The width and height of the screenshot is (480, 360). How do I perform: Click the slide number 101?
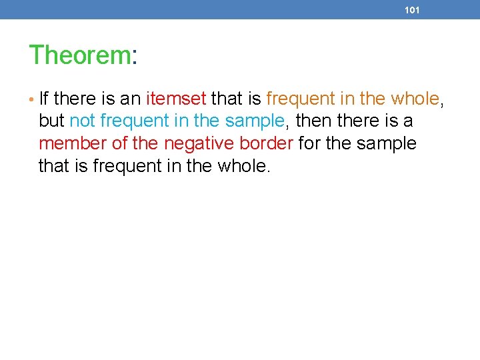pyautogui.click(x=412, y=11)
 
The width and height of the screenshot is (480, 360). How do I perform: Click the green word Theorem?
pyautogui.click(x=79, y=55)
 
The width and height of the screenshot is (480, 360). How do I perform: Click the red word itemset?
pyautogui.click(x=176, y=99)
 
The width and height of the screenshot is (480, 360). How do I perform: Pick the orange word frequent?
pyautogui.click(x=300, y=99)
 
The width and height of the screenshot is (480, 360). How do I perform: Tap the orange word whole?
pyautogui.click(x=415, y=99)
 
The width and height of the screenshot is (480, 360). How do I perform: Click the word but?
pyautogui.click(x=51, y=121)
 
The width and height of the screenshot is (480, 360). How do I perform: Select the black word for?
pyautogui.click(x=310, y=143)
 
